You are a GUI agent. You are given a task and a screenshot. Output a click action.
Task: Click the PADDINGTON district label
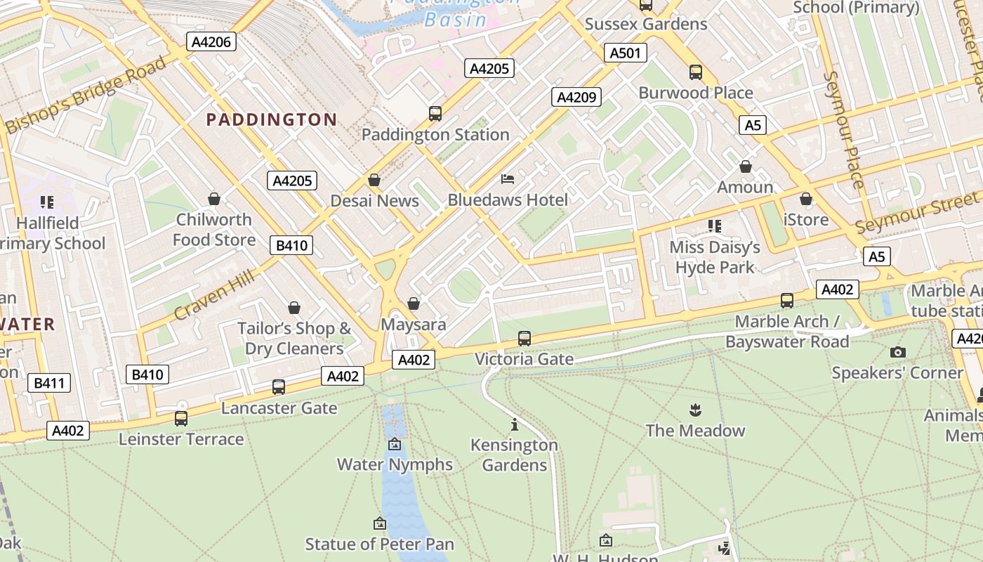(x=271, y=119)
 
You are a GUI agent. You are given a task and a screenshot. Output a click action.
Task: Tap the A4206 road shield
(x=211, y=41)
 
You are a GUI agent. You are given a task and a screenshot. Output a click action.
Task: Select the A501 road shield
(x=625, y=53)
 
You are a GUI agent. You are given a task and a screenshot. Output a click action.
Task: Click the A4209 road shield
(x=576, y=97)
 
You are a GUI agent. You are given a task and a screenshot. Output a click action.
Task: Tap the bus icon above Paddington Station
(x=435, y=113)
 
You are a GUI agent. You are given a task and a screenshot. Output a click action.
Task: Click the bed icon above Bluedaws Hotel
(x=508, y=179)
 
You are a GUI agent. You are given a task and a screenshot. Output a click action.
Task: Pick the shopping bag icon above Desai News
(x=374, y=181)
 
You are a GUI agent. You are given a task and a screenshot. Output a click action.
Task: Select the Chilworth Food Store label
(x=213, y=230)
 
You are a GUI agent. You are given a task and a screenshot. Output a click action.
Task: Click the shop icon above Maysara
(x=414, y=303)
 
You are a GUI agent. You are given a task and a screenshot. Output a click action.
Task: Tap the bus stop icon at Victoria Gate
(x=524, y=338)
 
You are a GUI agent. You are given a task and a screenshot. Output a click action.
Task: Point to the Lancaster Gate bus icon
(x=279, y=386)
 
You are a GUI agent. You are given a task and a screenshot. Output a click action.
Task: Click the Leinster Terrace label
(x=181, y=439)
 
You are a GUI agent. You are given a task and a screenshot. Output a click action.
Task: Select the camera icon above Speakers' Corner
(x=897, y=352)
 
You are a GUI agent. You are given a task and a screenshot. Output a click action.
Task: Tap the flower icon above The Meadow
(x=695, y=409)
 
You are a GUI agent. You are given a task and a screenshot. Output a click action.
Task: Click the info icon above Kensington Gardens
(x=515, y=424)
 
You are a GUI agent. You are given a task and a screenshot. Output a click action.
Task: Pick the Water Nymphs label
(x=395, y=464)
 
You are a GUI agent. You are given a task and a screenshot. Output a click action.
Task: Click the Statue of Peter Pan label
(x=379, y=544)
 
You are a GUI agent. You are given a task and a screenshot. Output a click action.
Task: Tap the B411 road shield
(x=48, y=383)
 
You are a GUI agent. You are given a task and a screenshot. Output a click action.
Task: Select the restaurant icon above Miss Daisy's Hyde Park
(x=715, y=226)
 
